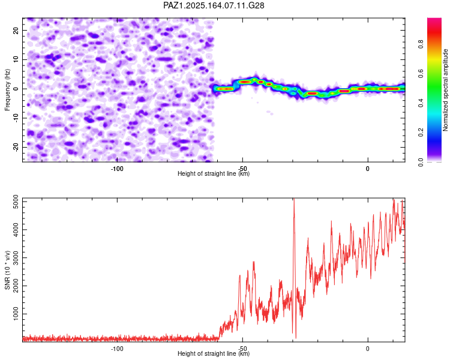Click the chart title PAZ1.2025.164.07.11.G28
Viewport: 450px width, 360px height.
point(214,5)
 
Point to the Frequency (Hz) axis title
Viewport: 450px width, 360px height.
point(7,90)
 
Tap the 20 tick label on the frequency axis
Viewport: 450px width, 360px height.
point(16,30)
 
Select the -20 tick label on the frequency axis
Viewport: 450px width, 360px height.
point(16,147)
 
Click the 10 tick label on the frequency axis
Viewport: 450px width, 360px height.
point(16,59)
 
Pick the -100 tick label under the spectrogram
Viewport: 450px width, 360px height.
point(117,169)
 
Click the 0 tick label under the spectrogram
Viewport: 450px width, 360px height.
point(368,169)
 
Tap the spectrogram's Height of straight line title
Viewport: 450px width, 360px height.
point(214,173)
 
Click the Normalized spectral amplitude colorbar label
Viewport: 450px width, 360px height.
point(445,90)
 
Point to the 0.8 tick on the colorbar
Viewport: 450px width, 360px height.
point(421,44)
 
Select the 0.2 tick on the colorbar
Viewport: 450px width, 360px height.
point(421,133)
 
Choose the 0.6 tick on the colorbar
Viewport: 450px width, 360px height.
point(421,74)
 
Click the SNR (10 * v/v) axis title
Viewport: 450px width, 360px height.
point(7,270)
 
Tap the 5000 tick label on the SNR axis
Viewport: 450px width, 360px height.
point(16,202)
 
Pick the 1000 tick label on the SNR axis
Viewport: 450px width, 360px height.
point(16,314)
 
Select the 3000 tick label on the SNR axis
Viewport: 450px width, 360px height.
point(16,258)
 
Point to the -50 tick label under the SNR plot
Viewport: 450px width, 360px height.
point(242,349)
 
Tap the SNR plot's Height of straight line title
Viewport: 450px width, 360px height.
point(214,353)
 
